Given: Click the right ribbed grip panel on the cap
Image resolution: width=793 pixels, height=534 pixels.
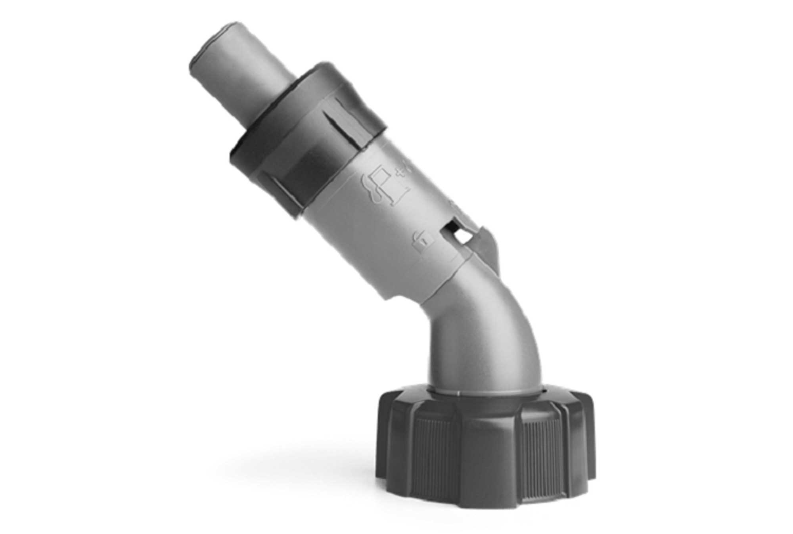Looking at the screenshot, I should pyautogui.click(x=543, y=456).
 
